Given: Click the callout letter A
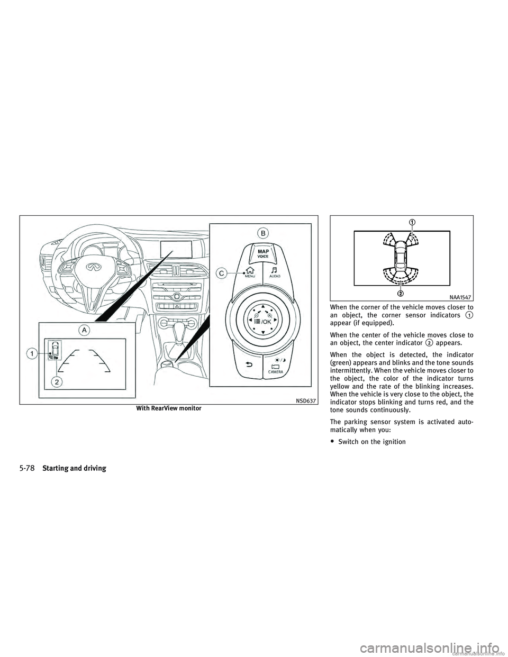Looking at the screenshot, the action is (x=84, y=330).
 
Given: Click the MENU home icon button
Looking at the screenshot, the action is (x=247, y=271).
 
